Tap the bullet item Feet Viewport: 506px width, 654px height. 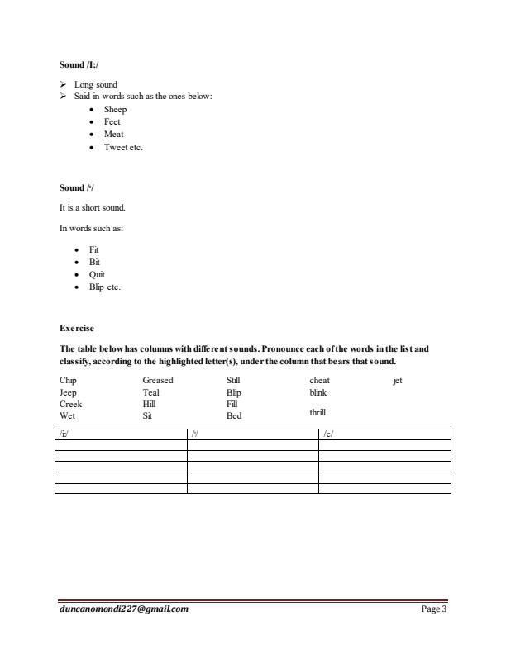click(112, 121)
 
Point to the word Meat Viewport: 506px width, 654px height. click(113, 134)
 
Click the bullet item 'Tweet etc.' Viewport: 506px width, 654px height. click(123, 147)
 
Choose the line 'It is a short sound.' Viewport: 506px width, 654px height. click(92, 208)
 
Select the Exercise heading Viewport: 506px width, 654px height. click(77, 329)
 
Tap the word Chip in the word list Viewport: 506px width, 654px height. click(68, 381)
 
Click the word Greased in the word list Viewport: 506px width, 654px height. click(158, 381)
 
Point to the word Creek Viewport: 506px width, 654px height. click(71, 405)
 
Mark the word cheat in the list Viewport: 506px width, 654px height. click(319, 381)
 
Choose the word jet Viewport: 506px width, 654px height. click(398, 381)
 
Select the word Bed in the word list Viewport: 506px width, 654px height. click(234, 416)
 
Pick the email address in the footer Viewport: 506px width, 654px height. click(124, 609)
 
